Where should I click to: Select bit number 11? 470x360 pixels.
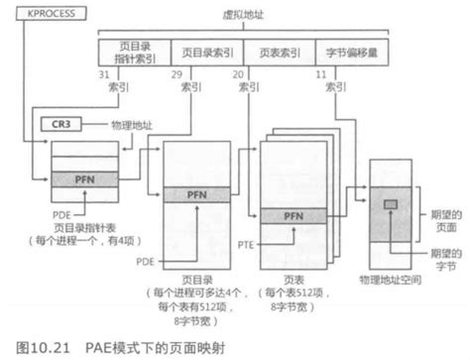coord(321,74)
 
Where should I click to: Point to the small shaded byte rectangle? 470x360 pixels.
coord(391,202)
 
